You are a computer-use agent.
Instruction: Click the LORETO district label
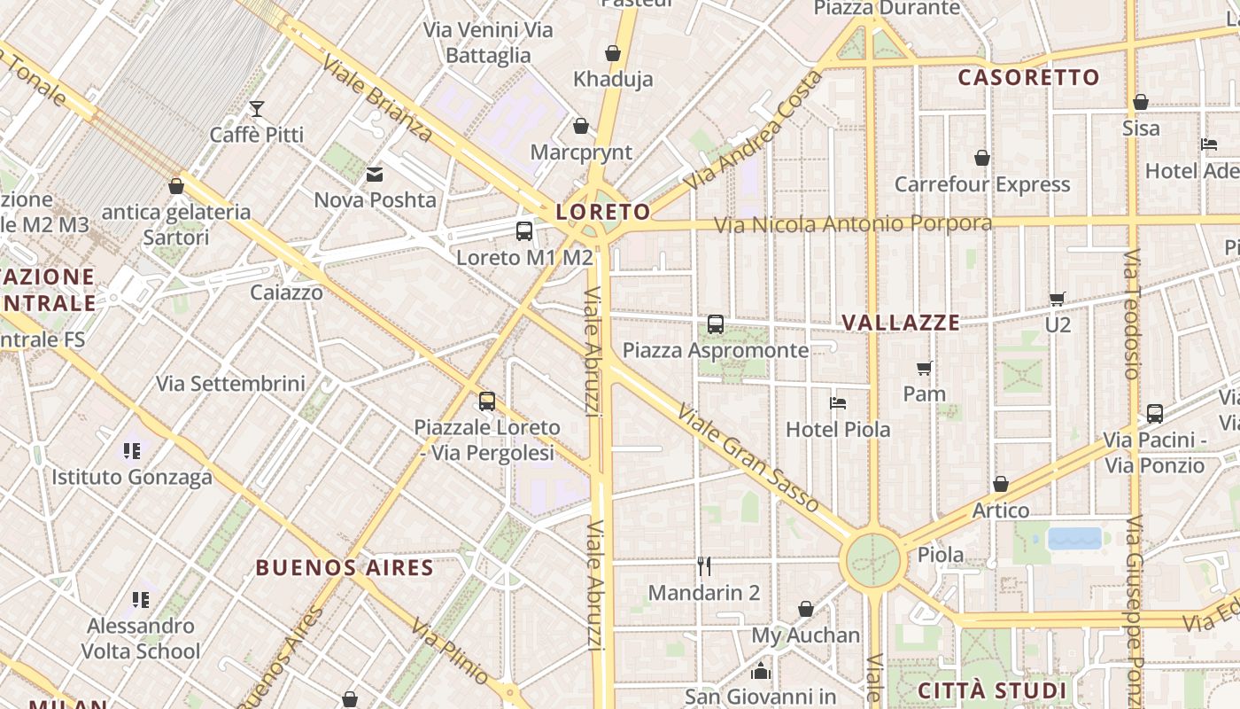coord(603,212)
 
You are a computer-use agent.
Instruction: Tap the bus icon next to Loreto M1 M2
coord(524,231)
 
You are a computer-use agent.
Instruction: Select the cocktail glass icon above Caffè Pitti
coord(257,109)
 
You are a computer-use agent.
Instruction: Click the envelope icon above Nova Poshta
coord(375,175)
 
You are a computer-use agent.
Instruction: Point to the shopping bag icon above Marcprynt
coord(581,127)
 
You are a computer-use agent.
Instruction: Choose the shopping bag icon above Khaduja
coord(612,53)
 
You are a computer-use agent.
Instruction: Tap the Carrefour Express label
coord(982,184)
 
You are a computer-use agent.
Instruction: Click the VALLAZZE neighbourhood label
coord(901,323)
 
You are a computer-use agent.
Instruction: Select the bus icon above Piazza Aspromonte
coord(716,324)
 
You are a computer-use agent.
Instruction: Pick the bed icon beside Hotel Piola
coord(838,403)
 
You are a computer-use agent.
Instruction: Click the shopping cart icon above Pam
coord(925,368)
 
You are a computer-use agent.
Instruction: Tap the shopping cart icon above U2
coord(1057,299)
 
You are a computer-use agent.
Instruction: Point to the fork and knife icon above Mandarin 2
coord(704,565)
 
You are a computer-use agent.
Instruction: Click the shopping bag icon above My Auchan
coord(806,609)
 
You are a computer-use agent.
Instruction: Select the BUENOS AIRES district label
coord(345,567)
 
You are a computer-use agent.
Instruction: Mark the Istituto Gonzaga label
coord(132,477)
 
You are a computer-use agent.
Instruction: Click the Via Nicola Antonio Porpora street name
coord(853,223)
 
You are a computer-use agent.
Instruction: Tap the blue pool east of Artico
coord(1075,538)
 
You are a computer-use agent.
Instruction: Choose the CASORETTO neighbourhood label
coord(1028,77)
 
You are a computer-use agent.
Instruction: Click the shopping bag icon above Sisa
coord(1141,102)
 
